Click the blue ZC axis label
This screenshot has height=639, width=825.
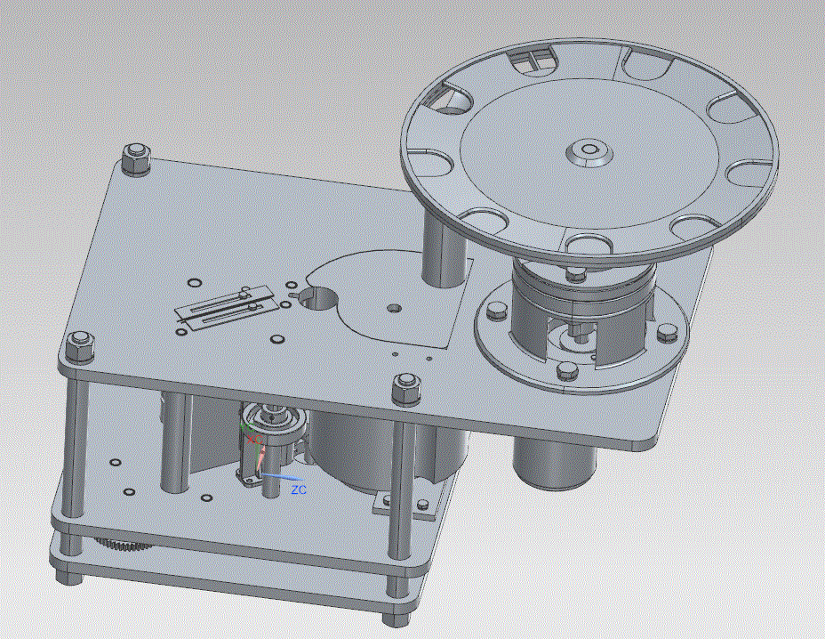pos(299,489)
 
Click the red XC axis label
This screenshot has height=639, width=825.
pos(254,439)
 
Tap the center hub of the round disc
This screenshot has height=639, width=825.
pos(589,151)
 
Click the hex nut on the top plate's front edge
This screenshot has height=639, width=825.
pos(408,390)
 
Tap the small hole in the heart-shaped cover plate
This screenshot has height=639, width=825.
pos(393,307)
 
